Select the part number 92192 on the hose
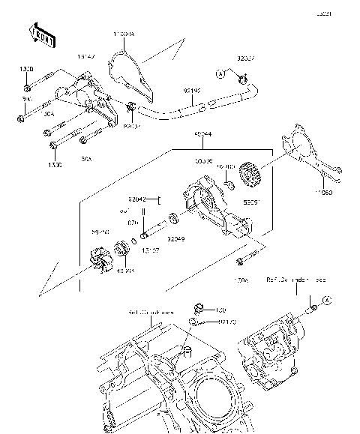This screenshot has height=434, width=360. tap(193, 91)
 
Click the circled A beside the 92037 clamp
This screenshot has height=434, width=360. tap(220, 73)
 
